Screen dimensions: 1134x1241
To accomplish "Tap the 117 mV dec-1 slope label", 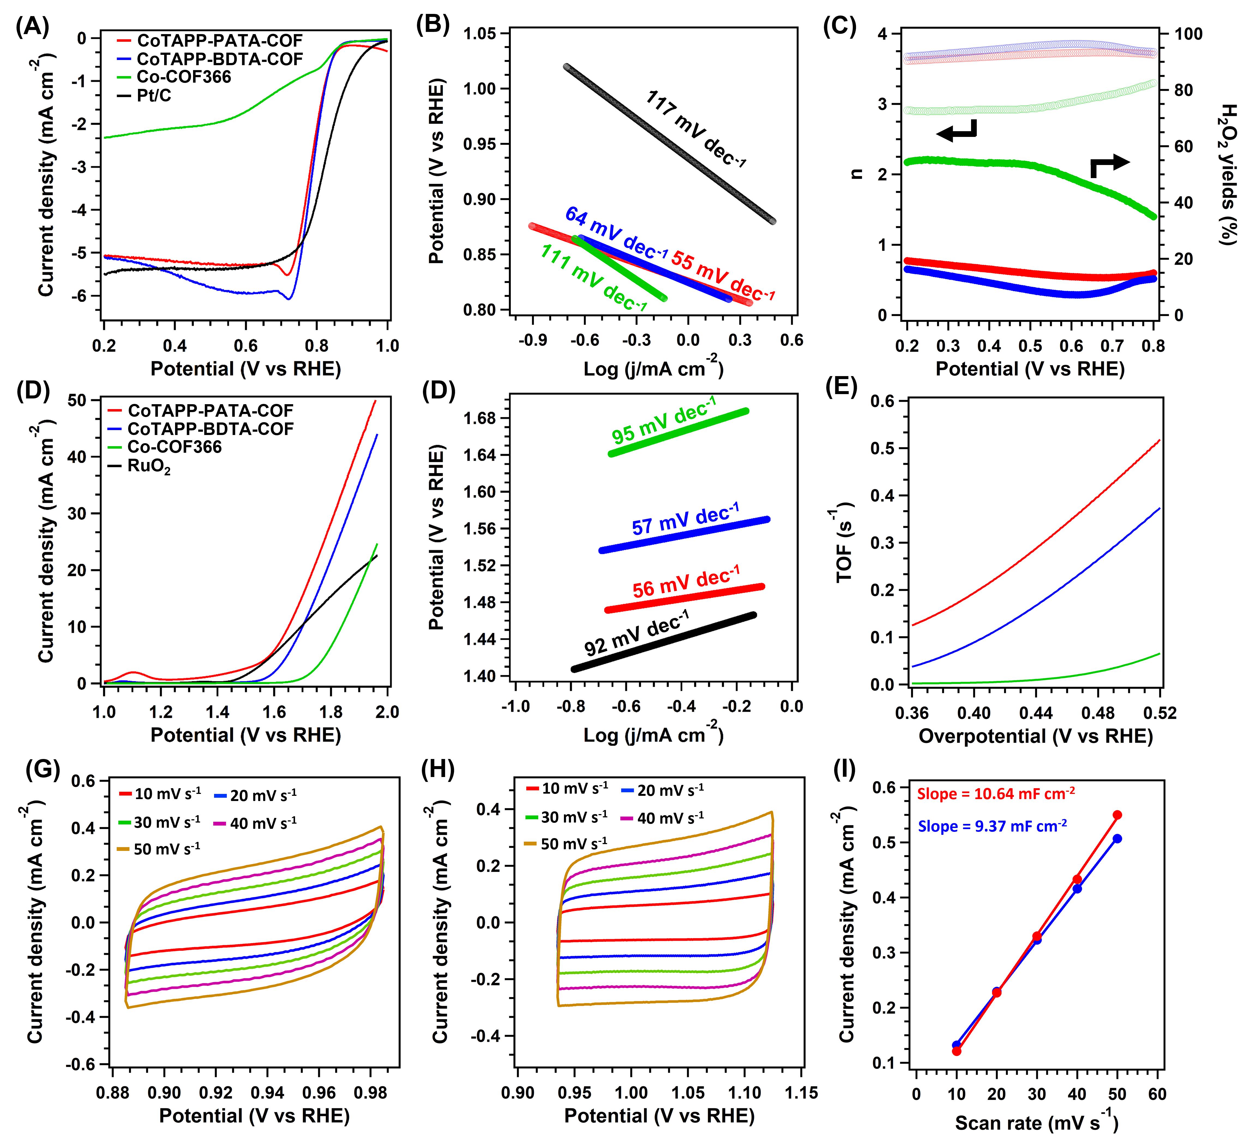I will click(696, 128).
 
